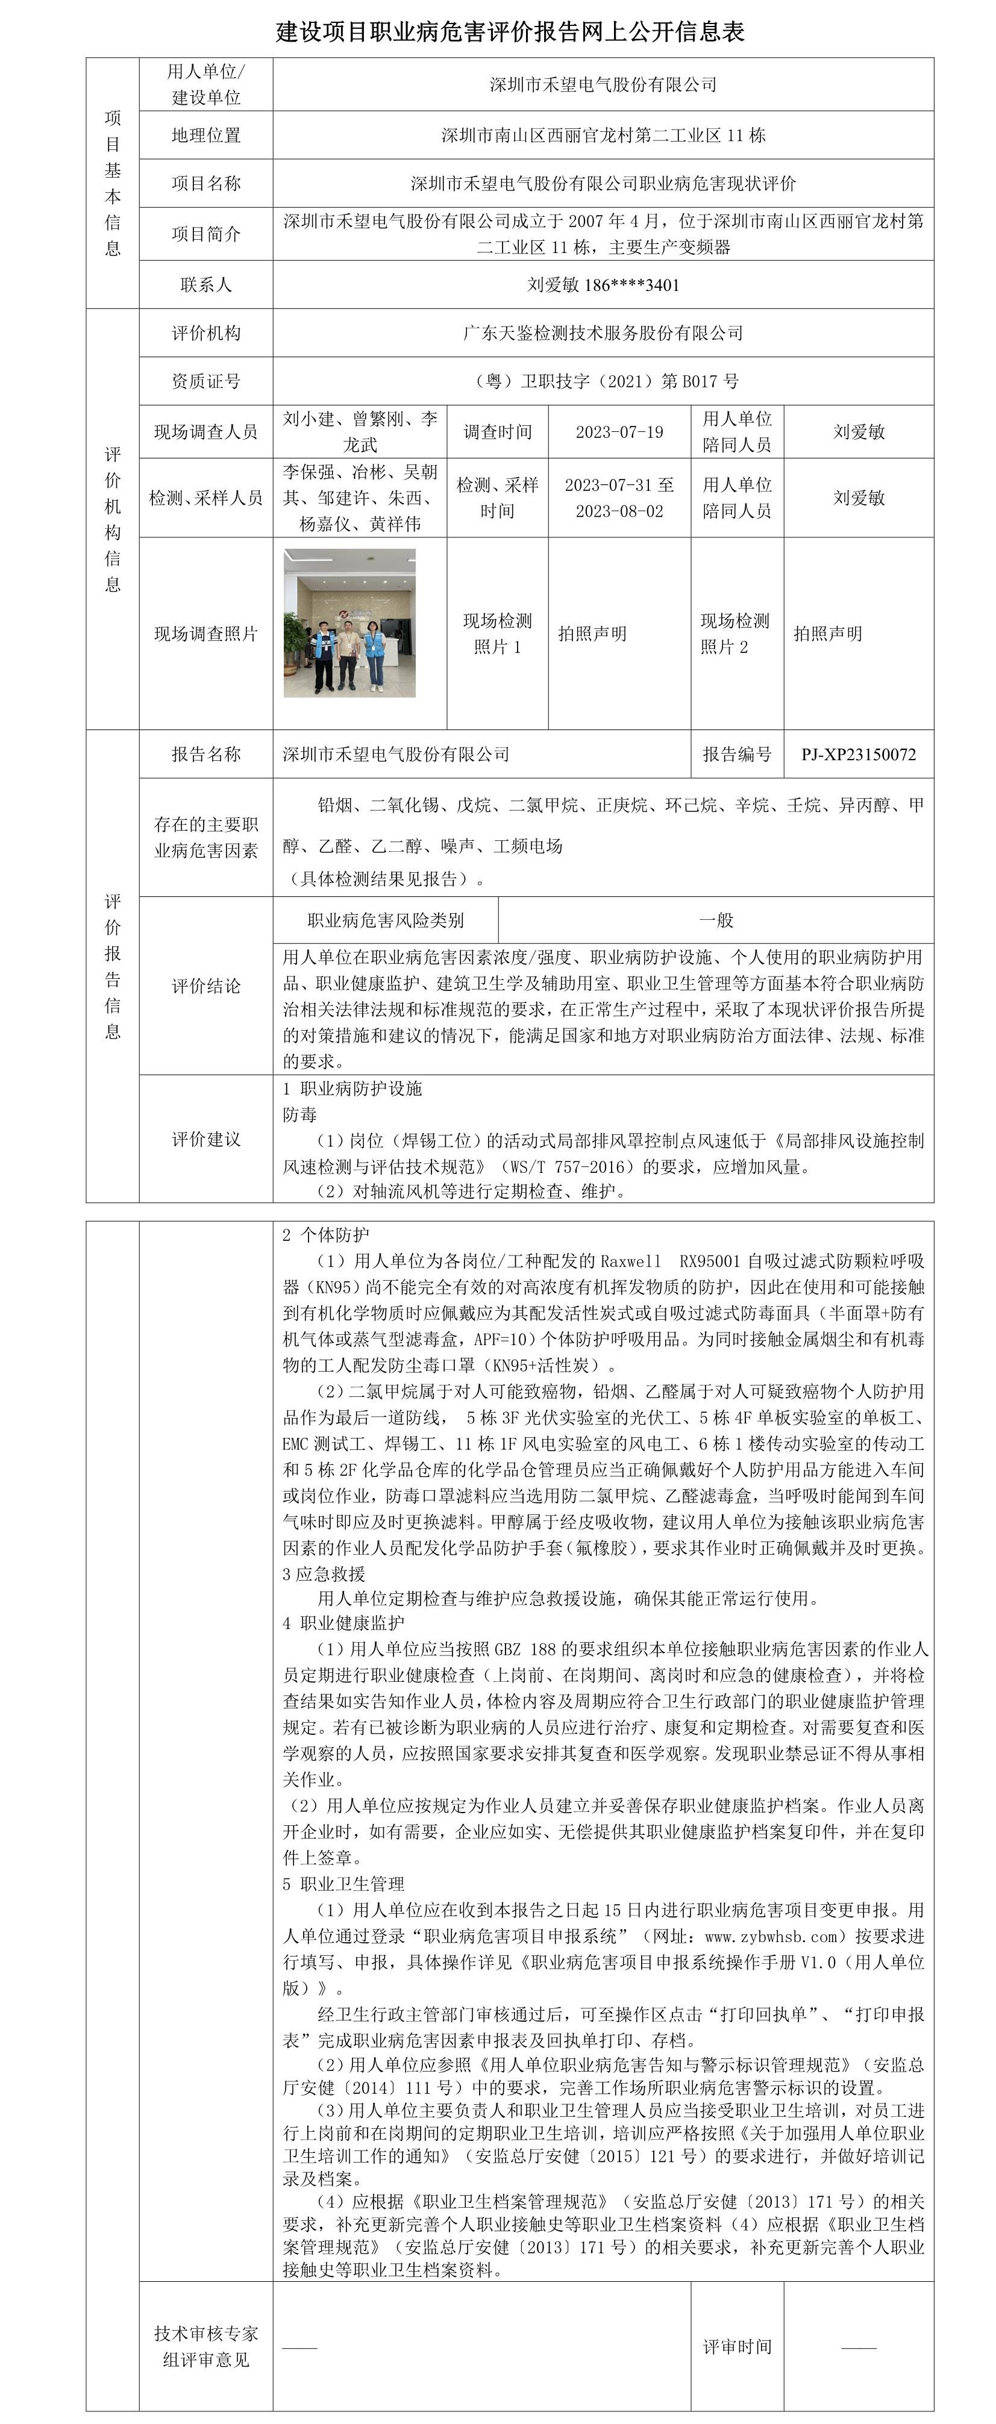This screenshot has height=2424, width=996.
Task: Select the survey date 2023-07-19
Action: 619,432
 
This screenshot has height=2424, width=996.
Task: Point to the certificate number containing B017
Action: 603,381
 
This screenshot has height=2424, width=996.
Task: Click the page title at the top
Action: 509,32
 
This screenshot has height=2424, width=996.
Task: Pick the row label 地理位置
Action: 205,134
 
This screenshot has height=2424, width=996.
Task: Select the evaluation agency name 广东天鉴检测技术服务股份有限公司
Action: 603,332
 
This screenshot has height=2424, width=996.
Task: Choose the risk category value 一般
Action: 715,919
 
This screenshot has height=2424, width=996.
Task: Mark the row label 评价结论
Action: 205,986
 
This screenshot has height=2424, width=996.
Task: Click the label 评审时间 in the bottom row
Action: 736,2346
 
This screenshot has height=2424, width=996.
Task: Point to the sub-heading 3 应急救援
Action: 323,1573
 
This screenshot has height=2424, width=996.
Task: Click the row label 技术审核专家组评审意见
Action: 205,2346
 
